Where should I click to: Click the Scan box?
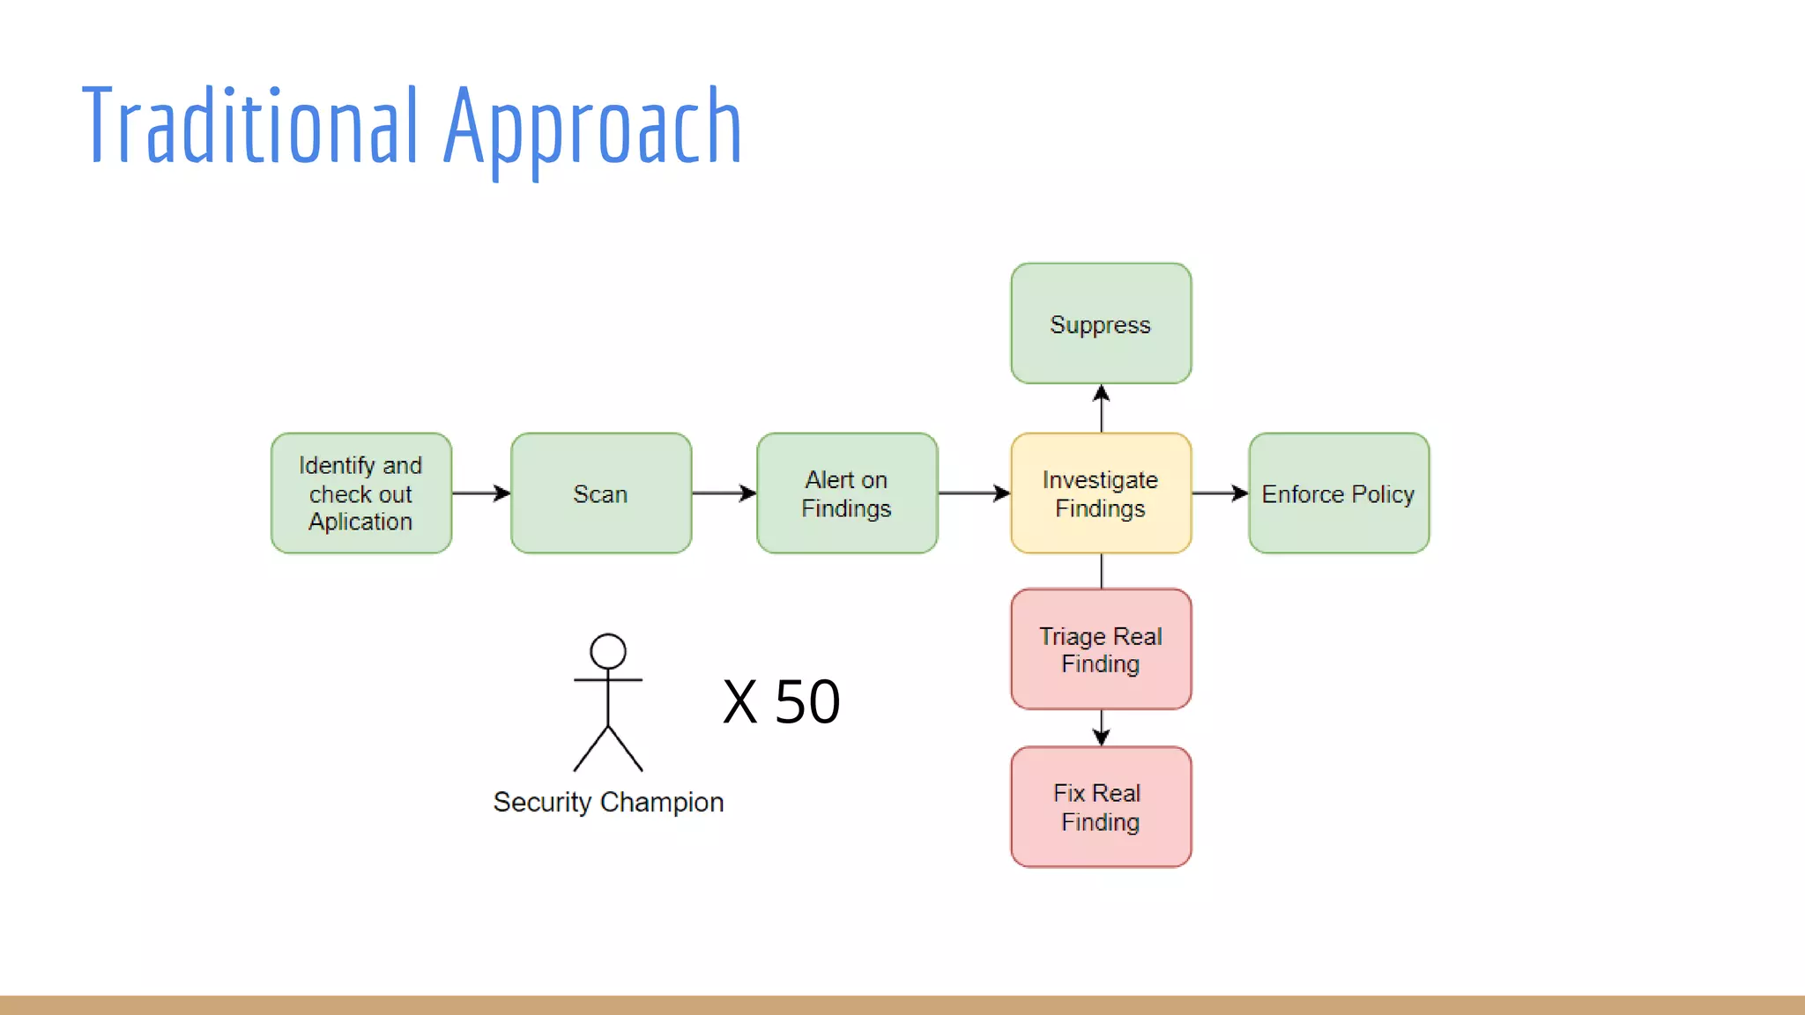click(x=600, y=493)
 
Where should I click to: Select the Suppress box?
click(x=1100, y=323)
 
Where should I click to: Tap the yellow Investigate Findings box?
click(x=1100, y=493)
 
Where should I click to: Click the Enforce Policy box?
click(x=1338, y=493)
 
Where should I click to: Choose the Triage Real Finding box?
click(x=1100, y=649)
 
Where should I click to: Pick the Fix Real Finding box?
click(x=1100, y=807)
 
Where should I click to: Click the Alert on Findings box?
click(x=846, y=493)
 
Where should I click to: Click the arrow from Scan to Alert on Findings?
click(x=724, y=493)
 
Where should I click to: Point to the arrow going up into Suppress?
click(x=1101, y=408)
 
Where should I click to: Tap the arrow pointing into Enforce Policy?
click(x=1220, y=493)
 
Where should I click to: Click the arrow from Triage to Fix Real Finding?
click(x=1101, y=728)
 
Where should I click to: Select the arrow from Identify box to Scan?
click(x=481, y=493)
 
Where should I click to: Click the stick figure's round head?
click(x=608, y=651)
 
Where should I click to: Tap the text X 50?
click(x=781, y=702)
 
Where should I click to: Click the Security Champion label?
click(x=608, y=802)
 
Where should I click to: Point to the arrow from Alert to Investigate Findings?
click(x=974, y=493)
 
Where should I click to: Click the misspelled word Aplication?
click(x=360, y=522)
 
